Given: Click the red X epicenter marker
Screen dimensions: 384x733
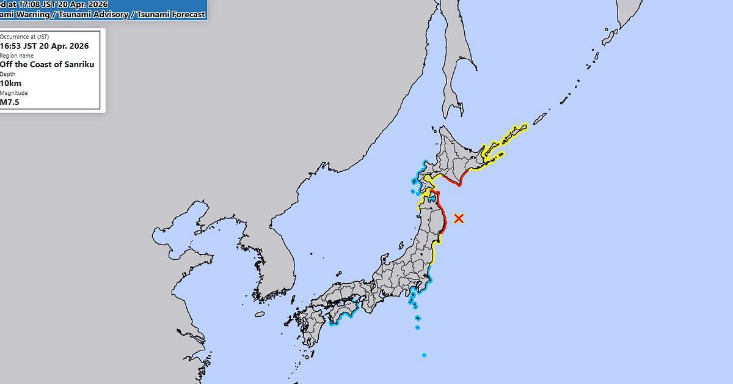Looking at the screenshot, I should [459, 218].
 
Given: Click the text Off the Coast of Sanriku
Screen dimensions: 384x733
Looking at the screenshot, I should [47, 64].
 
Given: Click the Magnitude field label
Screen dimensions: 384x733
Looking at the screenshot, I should [14, 93].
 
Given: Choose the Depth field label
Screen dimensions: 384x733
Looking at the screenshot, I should [8, 74].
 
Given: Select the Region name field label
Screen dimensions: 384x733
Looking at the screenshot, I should [16, 55].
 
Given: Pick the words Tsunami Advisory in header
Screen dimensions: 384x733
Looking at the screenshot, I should [91, 13].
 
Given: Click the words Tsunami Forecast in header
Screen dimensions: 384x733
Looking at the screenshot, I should [170, 13].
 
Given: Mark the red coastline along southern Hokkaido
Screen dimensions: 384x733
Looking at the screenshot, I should [455, 180].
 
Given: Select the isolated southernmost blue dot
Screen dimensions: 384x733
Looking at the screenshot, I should [424, 355].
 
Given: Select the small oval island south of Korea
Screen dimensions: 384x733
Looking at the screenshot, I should [260, 314].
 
